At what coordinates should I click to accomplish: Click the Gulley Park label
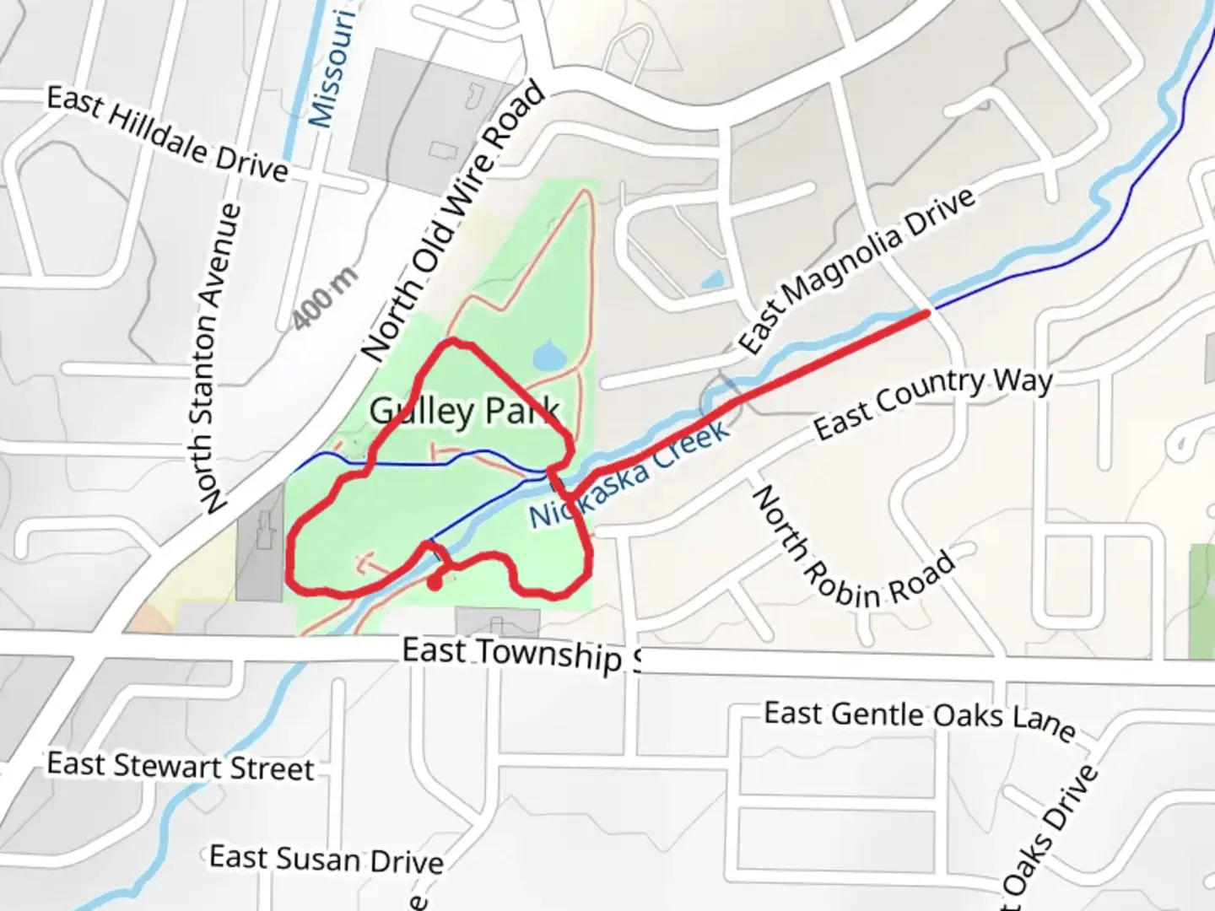click(464, 412)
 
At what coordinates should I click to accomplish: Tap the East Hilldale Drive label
click(167, 133)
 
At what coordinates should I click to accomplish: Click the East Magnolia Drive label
click(856, 269)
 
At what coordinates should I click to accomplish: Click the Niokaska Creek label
click(629, 477)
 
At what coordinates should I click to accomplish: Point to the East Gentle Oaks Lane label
click(920, 718)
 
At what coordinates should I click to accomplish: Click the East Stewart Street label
click(180, 766)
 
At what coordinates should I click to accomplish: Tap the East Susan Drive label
click(326, 859)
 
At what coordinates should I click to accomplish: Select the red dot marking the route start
click(435, 582)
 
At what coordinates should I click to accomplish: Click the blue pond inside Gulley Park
click(549, 356)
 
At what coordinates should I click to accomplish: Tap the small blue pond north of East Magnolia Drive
click(713, 278)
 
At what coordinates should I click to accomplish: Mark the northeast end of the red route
click(927, 314)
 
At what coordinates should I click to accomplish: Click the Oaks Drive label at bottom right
click(1050, 839)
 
